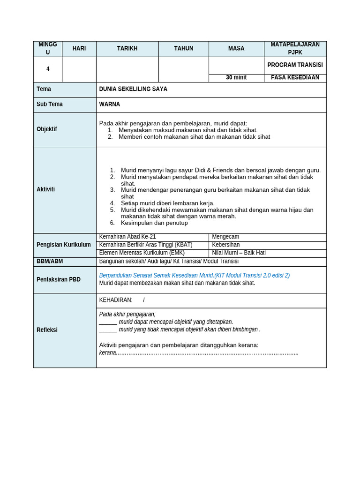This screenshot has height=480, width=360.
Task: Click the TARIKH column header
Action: pyautogui.click(x=127, y=49)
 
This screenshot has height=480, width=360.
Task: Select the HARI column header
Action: pyautogui.click(x=79, y=49)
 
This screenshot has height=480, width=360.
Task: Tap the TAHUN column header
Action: pyautogui.click(x=183, y=49)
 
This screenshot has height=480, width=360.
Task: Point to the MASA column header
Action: pyautogui.click(x=236, y=49)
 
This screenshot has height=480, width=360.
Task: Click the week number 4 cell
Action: pyautogui.click(x=48, y=69)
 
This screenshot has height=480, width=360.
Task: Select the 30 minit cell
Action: pyautogui.click(x=236, y=78)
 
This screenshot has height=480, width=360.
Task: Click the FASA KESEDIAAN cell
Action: pyautogui.click(x=295, y=78)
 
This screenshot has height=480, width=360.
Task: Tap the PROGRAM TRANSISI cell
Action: pyautogui.click(x=295, y=65)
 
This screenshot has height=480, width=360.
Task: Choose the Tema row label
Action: pyautogui.click(x=44, y=89)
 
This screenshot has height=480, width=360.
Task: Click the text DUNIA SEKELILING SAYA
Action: pyautogui.click(x=133, y=89)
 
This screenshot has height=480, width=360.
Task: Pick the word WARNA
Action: pyautogui.click(x=110, y=104)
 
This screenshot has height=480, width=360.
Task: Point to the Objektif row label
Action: pyautogui.click(x=47, y=129)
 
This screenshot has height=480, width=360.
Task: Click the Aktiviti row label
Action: pyautogui.click(x=46, y=189)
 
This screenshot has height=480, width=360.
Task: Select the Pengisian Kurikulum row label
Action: pyautogui.click(x=64, y=245)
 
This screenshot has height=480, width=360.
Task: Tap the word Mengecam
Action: pyautogui.click(x=225, y=237)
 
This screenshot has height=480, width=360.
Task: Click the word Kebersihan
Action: pyautogui.click(x=226, y=245)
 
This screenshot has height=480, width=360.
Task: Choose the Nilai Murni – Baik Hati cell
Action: pyautogui.click(x=239, y=253)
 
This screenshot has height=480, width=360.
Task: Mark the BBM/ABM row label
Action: pyautogui.click(x=50, y=261)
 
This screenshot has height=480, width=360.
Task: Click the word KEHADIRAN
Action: pyautogui.click(x=116, y=300)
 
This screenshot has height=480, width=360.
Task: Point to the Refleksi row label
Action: pyautogui.click(x=47, y=330)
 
